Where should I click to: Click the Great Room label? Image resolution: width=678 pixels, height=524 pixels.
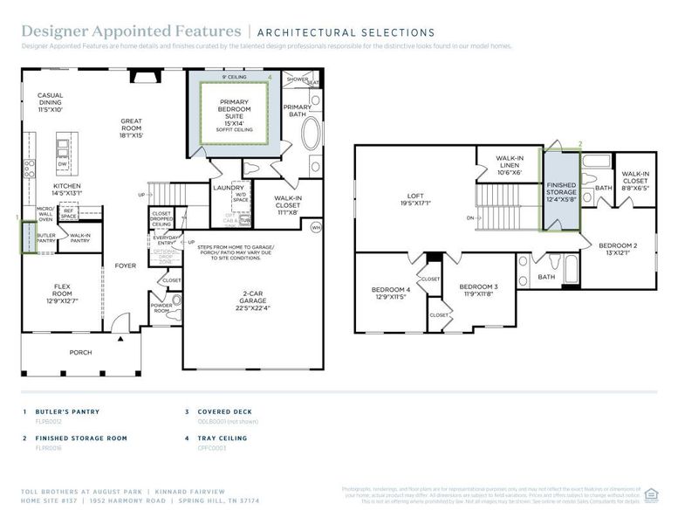coord(132,128)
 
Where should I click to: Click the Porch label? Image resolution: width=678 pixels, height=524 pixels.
coord(80,352)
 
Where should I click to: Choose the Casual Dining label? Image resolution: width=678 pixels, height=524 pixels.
coord(50,103)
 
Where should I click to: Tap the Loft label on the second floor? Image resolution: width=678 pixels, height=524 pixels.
coord(416,200)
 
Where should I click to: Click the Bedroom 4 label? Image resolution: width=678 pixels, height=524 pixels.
coord(390,293)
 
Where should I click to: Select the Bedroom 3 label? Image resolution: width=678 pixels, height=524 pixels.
coord(478,290)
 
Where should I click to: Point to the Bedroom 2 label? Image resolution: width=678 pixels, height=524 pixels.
coord(618,250)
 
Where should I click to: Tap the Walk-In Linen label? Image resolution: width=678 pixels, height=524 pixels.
coord(509,165)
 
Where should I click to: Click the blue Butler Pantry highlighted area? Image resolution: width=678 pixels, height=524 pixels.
coord(28,237)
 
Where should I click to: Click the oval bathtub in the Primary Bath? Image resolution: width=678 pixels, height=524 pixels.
coord(312,136)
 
